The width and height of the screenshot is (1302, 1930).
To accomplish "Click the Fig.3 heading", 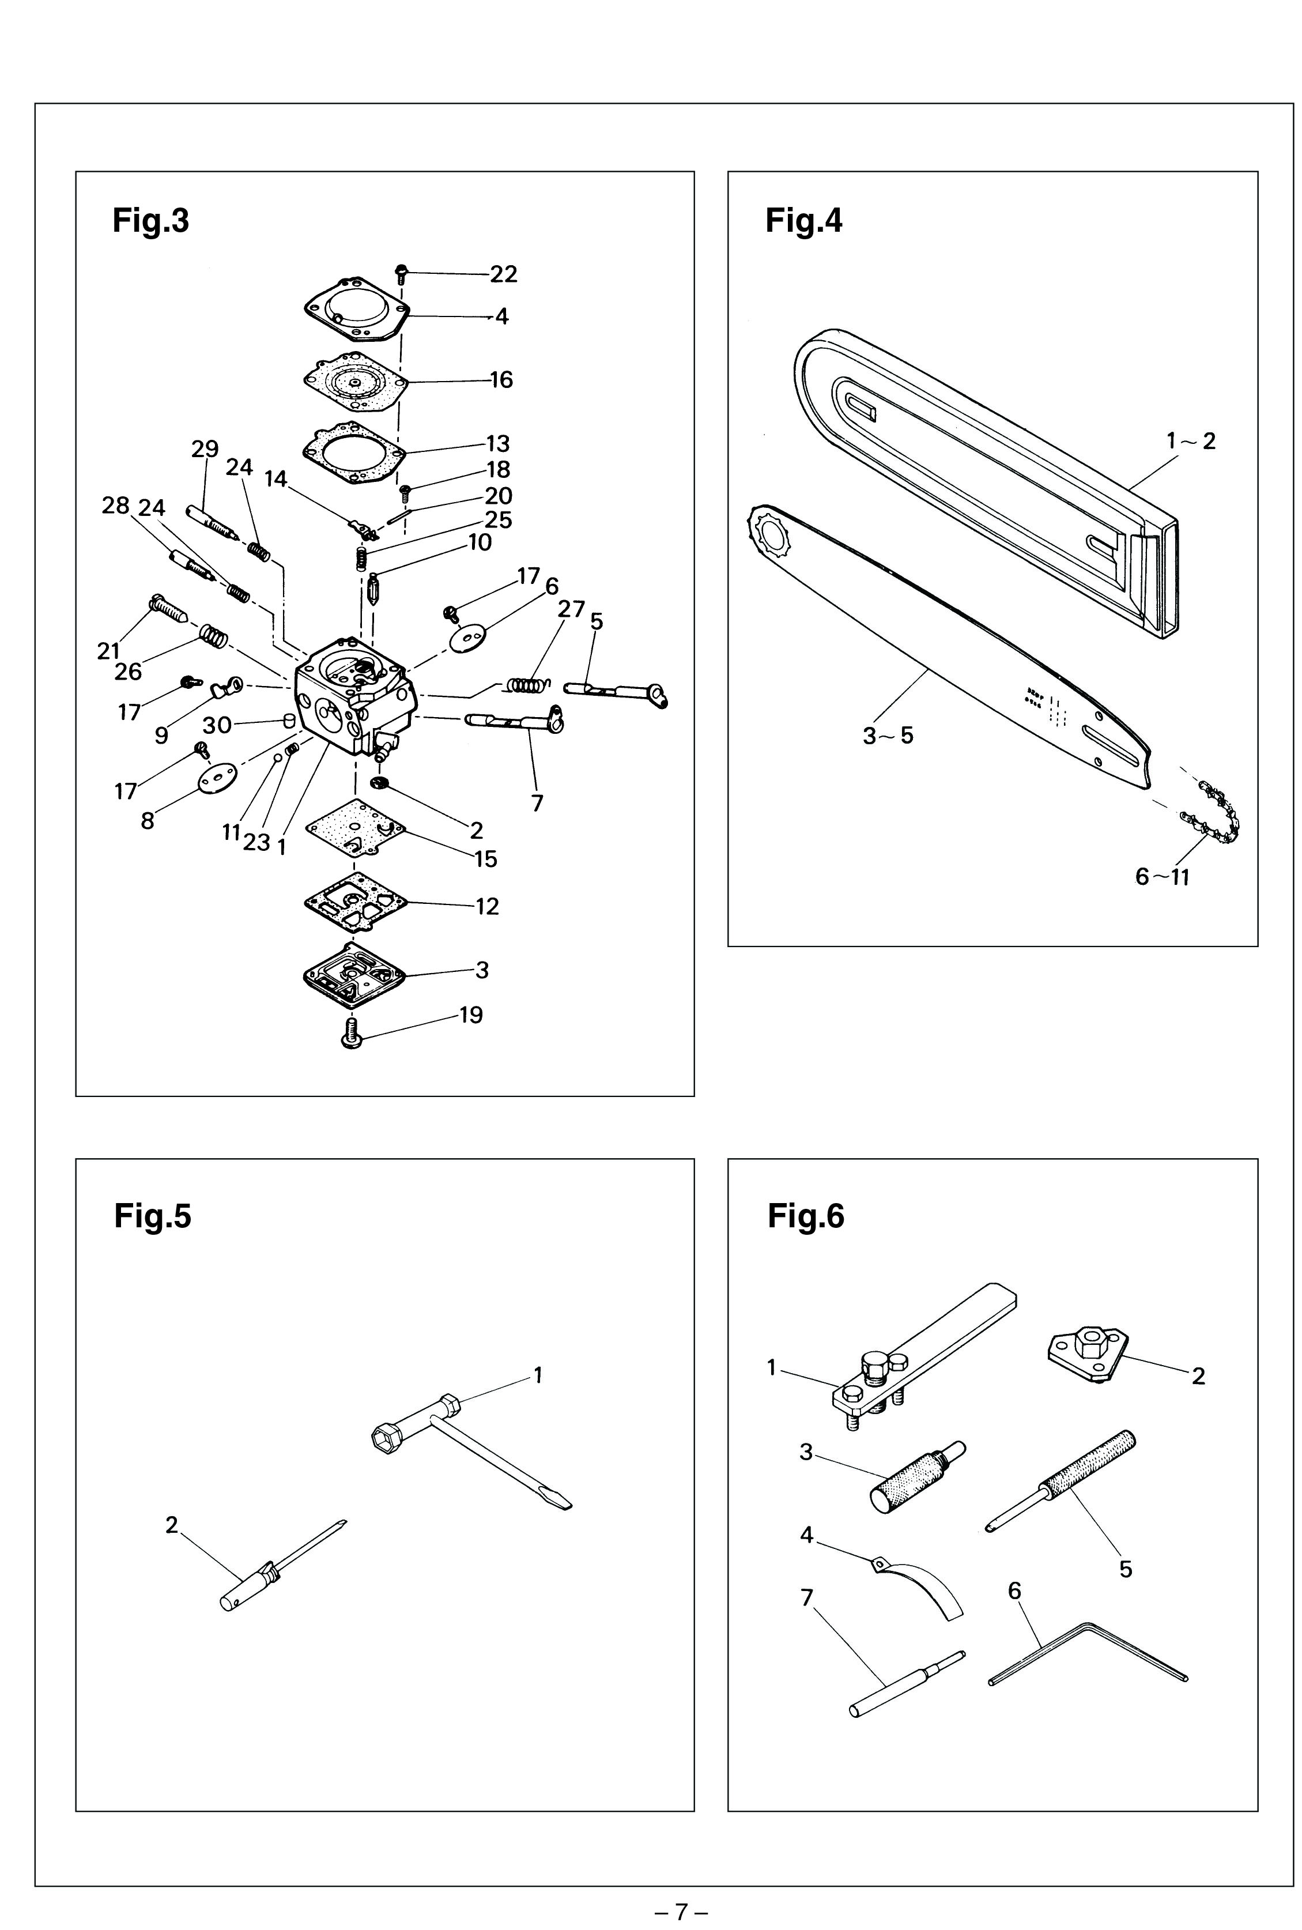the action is tap(150, 221).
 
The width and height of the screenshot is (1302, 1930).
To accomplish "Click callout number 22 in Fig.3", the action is tap(503, 274).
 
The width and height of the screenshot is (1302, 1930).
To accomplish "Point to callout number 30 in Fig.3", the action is tap(217, 725).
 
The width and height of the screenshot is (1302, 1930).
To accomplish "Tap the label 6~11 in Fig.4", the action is tap(1163, 876).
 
